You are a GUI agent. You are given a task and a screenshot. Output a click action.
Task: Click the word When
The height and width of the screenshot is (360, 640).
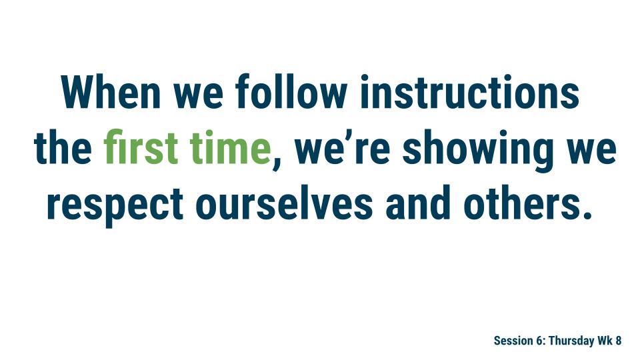pos(111,92)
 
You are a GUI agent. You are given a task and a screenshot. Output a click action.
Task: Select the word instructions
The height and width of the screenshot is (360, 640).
pos(469,92)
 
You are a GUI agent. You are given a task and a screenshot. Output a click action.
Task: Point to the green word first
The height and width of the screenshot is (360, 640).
pos(141,147)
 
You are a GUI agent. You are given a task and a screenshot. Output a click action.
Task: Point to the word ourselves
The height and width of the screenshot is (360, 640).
pos(284,203)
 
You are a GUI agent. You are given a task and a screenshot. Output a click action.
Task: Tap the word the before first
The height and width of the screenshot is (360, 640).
pos(63,147)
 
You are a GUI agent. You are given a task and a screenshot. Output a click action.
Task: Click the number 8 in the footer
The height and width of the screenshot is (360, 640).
pos(619,341)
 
